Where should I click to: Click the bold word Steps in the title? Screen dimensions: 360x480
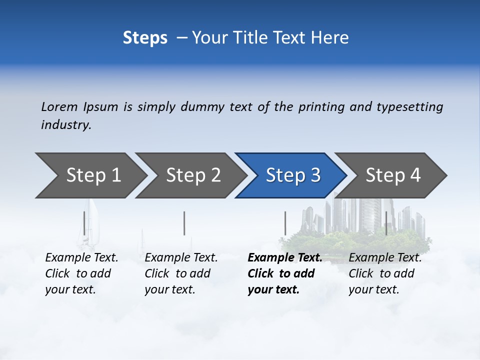pos(145,37)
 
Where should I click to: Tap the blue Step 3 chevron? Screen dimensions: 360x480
pos(293,175)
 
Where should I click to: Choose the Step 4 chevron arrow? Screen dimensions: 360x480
pos(393,175)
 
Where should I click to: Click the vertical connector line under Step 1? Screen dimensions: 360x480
pos(84,223)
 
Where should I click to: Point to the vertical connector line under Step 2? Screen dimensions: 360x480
pos(184,223)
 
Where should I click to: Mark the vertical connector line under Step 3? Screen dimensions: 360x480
pos(285,223)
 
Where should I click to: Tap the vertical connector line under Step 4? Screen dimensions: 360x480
pos(386,223)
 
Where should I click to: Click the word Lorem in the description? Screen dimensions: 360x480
pos(59,107)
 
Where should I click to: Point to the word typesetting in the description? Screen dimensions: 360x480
pos(409,107)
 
